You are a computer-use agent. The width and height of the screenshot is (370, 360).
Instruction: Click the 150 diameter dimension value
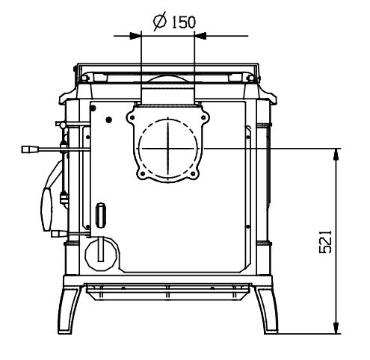(183, 22)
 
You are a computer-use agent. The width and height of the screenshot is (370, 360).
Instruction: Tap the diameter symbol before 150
(159, 22)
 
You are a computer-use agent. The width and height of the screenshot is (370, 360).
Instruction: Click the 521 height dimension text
(326, 242)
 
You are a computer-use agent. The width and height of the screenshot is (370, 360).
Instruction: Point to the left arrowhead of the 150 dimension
(135, 36)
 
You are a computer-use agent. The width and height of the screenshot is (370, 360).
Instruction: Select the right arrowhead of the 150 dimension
(200, 36)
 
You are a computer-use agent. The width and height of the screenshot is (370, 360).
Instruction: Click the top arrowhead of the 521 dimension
(336, 155)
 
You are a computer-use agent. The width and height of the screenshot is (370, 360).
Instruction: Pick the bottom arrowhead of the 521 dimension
(336, 327)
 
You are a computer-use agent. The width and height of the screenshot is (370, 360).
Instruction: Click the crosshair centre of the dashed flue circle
(168, 148)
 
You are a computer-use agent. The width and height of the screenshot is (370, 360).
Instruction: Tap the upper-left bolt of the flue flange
(132, 117)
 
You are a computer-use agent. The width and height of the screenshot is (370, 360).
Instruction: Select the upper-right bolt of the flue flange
(203, 117)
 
